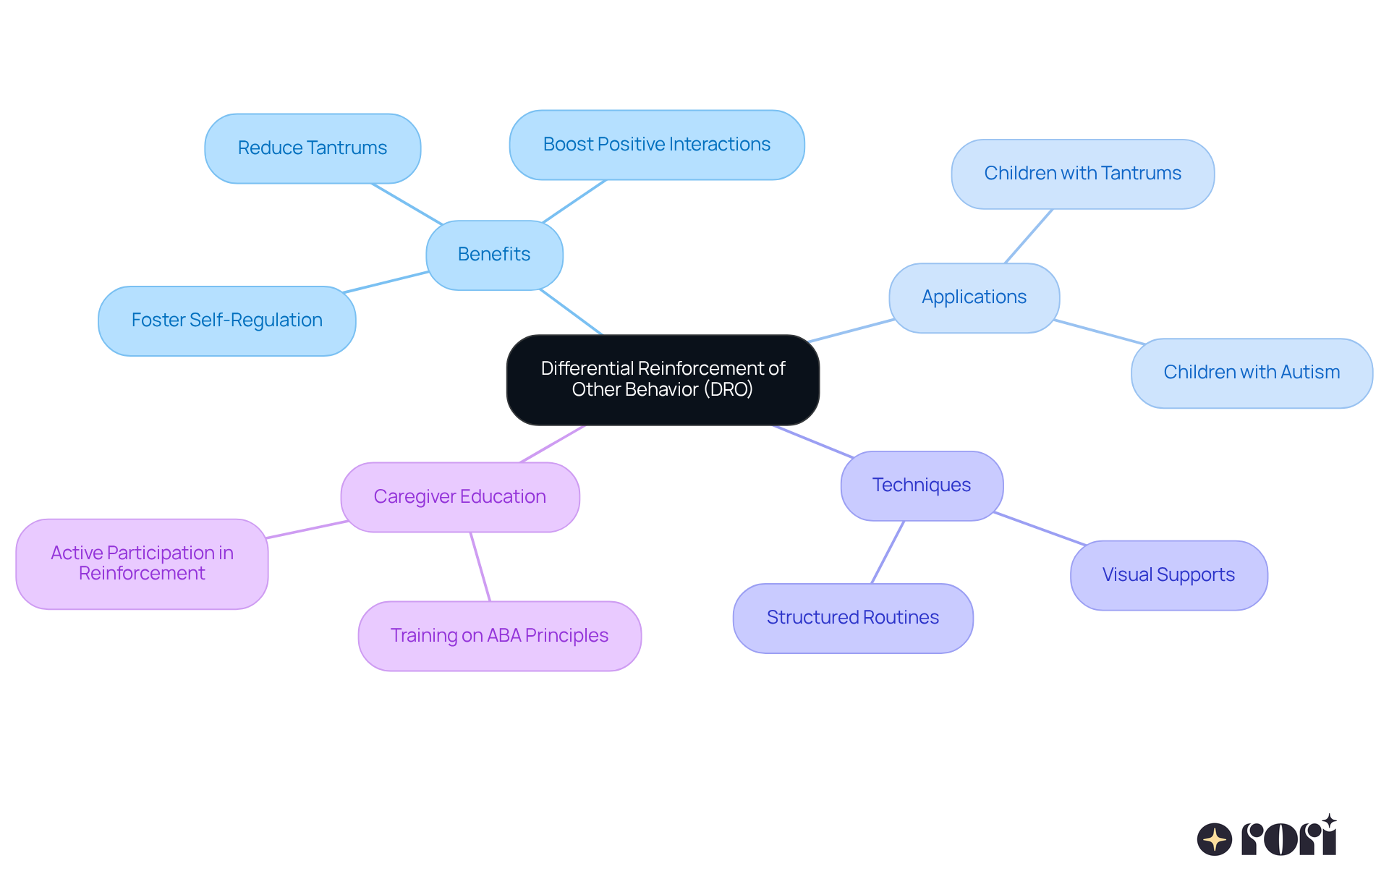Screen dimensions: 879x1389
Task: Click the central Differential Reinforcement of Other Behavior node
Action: tap(663, 379)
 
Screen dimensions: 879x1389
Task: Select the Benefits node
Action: tap(494, 255)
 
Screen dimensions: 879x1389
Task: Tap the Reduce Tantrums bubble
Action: tap(313, 148)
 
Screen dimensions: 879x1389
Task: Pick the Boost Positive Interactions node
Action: tap(656, 145)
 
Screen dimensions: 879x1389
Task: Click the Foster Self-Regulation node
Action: tap(226, 320)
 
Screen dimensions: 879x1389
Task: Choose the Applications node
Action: tap(974, 297)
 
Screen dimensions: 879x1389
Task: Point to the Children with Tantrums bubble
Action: tap(1082, 174)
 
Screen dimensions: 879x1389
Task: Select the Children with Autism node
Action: tap(1252, 373)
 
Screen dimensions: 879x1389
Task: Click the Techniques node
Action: tap(921, 485)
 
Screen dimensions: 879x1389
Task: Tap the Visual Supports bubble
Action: tap(1168, 575)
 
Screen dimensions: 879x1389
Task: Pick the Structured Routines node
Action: tap(852, 618)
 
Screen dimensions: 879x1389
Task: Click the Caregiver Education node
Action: tap(459, 497)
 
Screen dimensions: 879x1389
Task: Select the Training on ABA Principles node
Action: tap(499, 636)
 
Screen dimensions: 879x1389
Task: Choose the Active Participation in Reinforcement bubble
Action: tap(142, 564)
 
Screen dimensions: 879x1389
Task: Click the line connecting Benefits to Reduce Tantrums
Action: tap(407, 204)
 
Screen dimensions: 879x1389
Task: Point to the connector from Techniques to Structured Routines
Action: tap(888, 552)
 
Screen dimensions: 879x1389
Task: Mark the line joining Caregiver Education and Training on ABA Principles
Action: tap(480, 566)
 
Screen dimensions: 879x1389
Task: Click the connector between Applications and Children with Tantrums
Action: tap(1029, 236)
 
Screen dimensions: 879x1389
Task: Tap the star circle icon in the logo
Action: tap(1214, 839)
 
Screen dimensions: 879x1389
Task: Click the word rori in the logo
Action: tap(1289, 838)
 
